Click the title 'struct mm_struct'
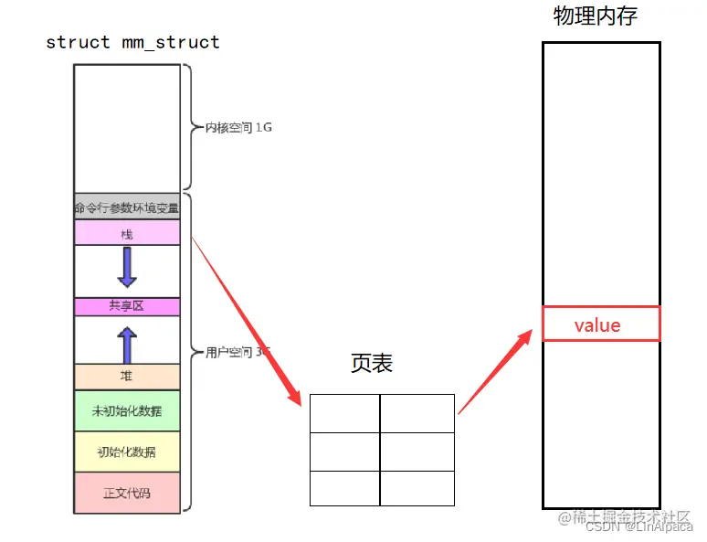coord(132,42)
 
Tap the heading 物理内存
coord(595,16)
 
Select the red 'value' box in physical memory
coord(600,324)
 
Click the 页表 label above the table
coord(372,363)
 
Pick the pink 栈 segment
coord(127,233)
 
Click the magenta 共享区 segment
coord(127,306)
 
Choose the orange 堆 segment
coord(127,375)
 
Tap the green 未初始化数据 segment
coord(127,411)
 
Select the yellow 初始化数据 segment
coord(127,452)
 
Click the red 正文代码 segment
coord(127,492)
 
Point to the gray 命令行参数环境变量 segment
coord(127,207)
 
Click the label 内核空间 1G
coord(238,128)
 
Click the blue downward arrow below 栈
coord(127,268)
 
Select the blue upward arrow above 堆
coord(127,345)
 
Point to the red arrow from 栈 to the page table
coord(247,320)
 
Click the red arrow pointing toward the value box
coord(494,373)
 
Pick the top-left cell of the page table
coord(344,413)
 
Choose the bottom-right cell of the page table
coord(417,487)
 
